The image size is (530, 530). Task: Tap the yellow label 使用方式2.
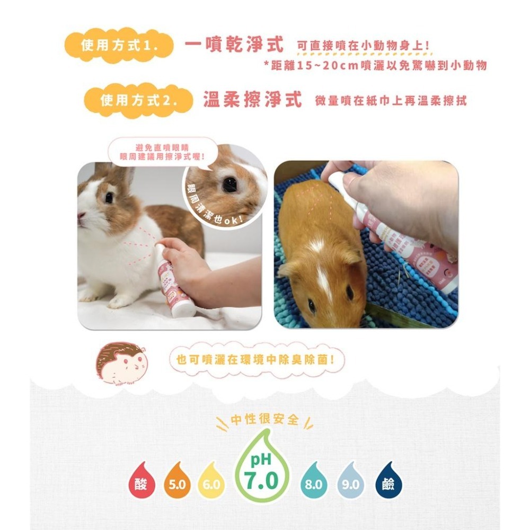click(x=138, y=100)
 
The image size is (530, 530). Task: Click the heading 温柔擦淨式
click(x=252, y=100)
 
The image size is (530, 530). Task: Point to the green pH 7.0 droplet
click(x=262, y=466)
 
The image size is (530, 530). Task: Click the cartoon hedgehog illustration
click(x=121, y=363)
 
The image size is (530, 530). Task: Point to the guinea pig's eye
click(x=349, y=292)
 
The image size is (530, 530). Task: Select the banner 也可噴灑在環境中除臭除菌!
click(x=256, y=360)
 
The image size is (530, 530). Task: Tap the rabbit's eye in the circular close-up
click(x=229, y=184)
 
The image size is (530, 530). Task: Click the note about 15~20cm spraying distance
click(x=375, y=65)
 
